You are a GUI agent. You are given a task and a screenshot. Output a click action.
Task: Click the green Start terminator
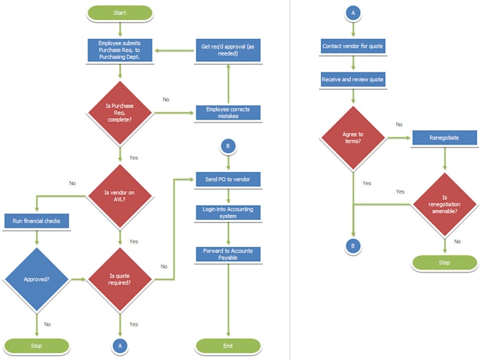point(120,13)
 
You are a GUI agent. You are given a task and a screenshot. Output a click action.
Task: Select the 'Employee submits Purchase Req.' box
point(120,50)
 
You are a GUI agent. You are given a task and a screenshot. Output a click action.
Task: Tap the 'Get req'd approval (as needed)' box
point(228,50)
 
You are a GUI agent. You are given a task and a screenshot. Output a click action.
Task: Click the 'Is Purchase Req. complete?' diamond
point(120,112)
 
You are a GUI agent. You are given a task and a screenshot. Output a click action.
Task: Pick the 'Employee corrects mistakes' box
point(228,112)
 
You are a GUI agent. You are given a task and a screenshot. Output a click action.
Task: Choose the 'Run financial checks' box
point(36,221)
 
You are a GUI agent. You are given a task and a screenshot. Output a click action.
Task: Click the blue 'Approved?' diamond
point(36,280)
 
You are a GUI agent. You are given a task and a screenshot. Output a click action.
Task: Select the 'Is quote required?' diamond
point(120,280)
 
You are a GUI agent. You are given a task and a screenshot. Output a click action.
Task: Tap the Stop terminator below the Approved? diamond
point(36,346)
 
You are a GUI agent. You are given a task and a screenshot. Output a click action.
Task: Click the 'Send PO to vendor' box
point(228,179)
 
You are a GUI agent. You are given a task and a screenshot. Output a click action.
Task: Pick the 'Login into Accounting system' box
point(228,212)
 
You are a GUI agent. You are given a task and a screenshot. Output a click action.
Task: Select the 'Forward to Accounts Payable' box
point(228,254)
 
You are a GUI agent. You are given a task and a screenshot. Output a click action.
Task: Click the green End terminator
point(228,346)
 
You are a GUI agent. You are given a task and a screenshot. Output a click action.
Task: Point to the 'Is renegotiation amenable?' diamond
point(444,204)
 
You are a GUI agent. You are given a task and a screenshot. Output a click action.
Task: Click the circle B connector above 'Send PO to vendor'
point(228,147)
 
